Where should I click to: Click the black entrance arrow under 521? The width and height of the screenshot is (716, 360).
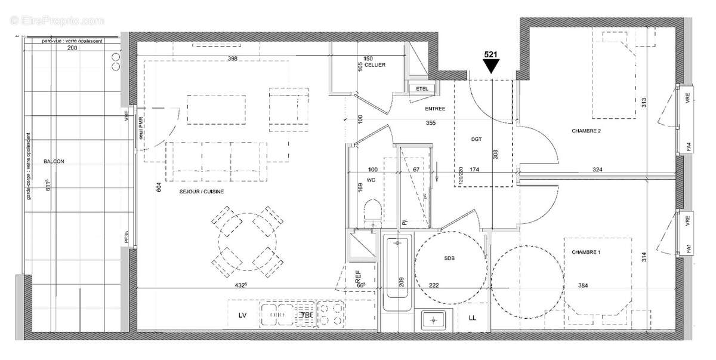coord(491,67)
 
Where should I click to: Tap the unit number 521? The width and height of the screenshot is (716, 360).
coord(491,54)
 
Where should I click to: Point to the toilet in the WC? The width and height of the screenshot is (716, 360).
coord(372,213)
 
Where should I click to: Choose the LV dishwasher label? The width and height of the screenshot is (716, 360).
coord(243,315)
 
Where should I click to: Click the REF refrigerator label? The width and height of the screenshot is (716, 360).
coord(358,277)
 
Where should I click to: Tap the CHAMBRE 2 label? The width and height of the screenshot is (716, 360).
coord(586,131)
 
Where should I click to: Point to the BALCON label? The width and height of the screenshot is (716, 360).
coord(54,161)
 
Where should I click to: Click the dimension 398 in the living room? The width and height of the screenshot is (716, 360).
coord(233,59)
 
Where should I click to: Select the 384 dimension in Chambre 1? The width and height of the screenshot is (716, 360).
coord(583,286)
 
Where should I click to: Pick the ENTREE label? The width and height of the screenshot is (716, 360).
coord(434,109)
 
